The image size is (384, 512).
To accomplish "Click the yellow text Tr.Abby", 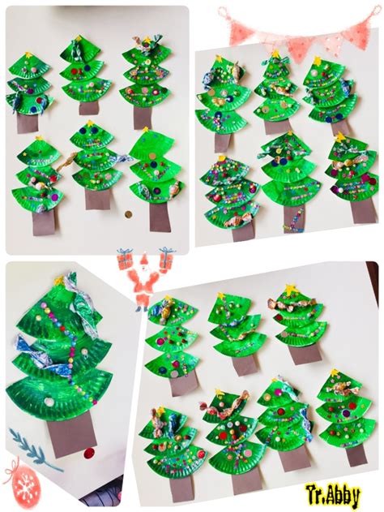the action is tap(332, 496).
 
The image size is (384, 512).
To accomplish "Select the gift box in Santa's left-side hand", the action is tap(124, 259).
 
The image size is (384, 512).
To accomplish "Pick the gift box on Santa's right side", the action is tap(166, 260).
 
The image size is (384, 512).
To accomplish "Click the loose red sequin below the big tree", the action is tap(88, 454).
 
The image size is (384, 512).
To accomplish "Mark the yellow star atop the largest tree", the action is tap(59, 280).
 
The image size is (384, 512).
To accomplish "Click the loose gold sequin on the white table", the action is tap(129, 214).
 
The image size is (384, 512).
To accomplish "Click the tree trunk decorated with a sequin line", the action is tap(294, 218).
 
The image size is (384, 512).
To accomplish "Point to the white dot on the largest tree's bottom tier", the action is tap(49, 402).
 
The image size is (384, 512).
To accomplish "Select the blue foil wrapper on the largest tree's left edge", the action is tap(25, 346).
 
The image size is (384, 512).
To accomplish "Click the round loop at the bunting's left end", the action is tap(222, 12).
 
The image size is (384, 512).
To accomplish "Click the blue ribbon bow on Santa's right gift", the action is tap(167, 251).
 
